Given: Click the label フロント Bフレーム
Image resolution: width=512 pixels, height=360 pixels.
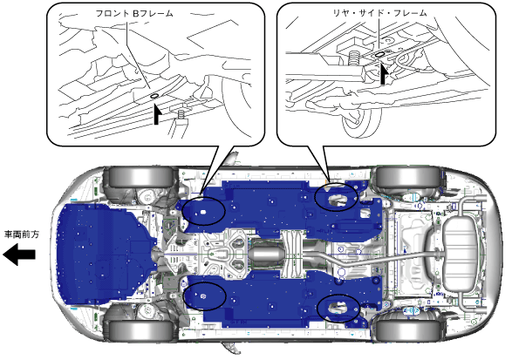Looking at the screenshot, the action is click(x=133, y=13).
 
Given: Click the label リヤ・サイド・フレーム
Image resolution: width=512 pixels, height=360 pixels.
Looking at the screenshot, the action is click(x=379, y=13).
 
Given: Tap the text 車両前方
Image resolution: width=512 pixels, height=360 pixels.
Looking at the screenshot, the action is click(x=22, y=234).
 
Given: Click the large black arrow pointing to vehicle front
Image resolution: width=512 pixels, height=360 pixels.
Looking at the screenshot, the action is click(x=19, y=255).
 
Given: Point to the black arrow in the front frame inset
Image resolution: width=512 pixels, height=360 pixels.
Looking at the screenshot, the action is click(x=158, y=114).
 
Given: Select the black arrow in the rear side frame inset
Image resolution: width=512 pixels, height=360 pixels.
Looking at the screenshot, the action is click(x=384, y=73).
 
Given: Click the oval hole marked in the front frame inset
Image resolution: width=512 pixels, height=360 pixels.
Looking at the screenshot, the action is click(x=154, y=96).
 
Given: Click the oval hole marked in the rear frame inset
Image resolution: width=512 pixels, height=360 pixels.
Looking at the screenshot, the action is click(x=379, y=55).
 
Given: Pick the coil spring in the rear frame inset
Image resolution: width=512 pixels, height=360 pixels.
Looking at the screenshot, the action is click(x=354, y=58).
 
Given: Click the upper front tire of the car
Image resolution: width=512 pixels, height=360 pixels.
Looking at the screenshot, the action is click(x=140, y=177).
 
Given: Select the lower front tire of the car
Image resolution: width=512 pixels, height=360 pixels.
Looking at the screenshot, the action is click(x=140, y=330).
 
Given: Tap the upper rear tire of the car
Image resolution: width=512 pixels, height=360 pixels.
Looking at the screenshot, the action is click(x=408, y=177).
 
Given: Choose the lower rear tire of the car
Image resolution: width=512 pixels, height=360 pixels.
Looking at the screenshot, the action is click(x=409, y=330).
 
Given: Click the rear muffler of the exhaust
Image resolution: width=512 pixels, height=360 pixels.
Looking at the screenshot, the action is click(x=461, y=255).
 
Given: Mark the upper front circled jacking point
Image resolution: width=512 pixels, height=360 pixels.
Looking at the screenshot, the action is click(x=204, y=211).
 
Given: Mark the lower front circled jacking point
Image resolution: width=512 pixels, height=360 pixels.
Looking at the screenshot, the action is click(x=204, y=296).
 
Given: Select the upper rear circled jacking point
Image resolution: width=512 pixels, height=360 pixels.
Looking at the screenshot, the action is click(x=337, y=197).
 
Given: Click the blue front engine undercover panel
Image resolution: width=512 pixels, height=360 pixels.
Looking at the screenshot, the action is click(x=98, y=253).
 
